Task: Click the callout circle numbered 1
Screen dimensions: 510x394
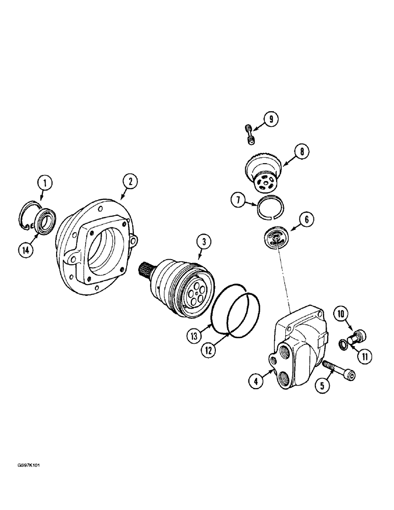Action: [44, 182]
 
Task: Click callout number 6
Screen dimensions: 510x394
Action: [307, 220]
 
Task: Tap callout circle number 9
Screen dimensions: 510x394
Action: [271, 119]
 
